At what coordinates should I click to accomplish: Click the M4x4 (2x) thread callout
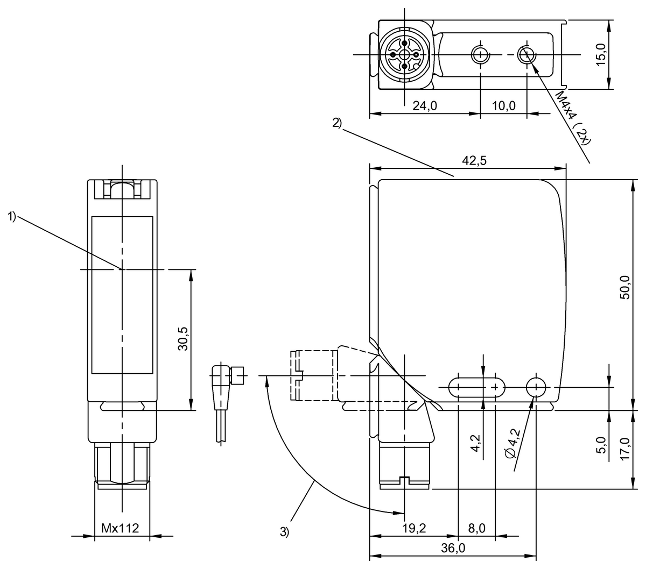coord(573,118)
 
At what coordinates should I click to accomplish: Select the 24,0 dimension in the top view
coord(424,106)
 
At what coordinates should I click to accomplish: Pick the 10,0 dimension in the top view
coord(503,106)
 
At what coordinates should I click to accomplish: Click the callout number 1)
coord(12,216)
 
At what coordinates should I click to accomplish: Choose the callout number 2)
coord(336,123)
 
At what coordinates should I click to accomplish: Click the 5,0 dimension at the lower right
coord(601,446)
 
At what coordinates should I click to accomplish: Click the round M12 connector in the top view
coord(404,54)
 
